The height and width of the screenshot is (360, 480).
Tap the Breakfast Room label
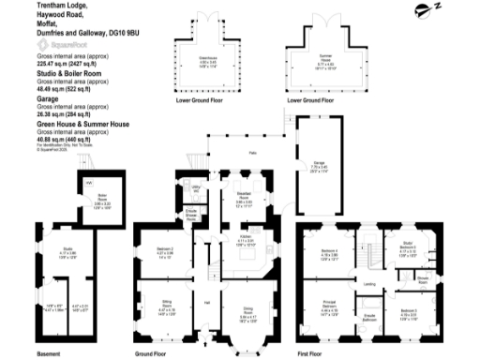243,197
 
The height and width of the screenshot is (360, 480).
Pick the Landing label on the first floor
370,284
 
